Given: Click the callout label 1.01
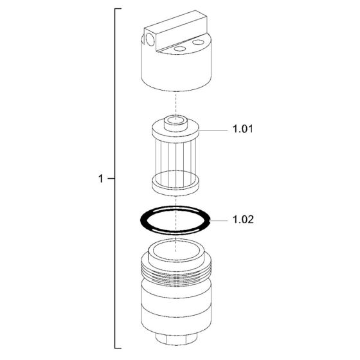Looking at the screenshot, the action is click(x=243, y=129).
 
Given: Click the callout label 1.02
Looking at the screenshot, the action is click(x=243, y=219).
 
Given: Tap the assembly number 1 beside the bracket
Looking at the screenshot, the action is click(x=101, y=179).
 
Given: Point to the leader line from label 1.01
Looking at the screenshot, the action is click(x=213, y=130).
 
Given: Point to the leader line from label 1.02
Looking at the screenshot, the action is click(x=219, y=221).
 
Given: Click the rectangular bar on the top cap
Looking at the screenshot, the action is click(x=176, y=31).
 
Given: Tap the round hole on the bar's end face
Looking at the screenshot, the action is click(x=150, y=40).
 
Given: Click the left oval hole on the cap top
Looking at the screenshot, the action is click(x=180, y=49).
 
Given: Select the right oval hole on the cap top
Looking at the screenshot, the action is click(x=198, y=42).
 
